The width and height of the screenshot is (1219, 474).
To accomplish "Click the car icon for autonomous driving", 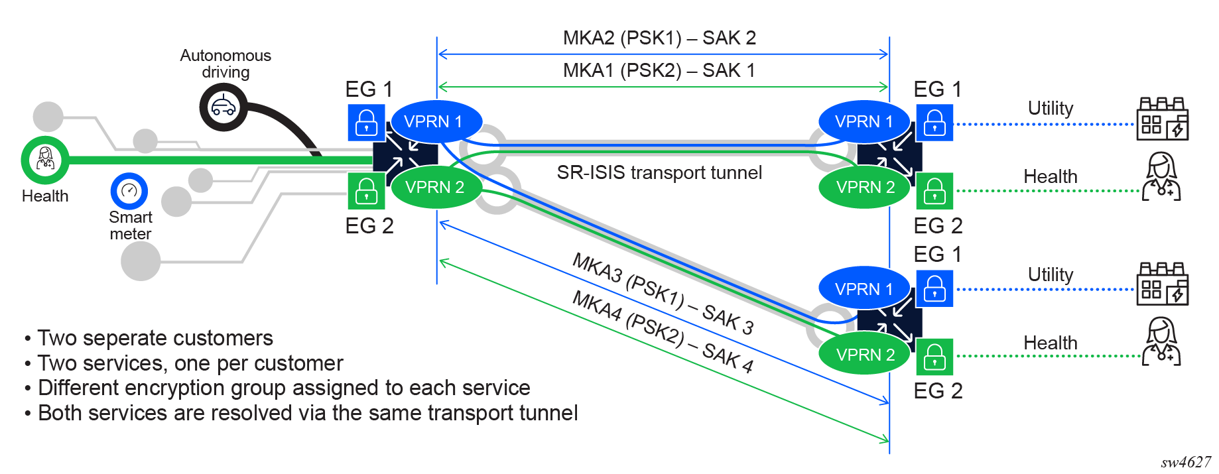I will tap(224, 107).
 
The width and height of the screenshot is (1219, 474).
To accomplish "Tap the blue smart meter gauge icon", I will tap(129, 191).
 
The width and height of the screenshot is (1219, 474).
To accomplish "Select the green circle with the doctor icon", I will tap(45, 160).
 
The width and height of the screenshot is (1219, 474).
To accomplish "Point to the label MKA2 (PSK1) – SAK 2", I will tap(659, 38).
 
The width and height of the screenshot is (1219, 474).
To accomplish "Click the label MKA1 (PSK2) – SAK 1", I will tap(659, 70).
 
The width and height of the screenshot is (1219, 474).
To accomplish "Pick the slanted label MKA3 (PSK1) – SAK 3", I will tap(663, 293).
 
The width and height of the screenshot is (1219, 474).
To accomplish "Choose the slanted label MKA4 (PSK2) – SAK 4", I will tap(663, 331).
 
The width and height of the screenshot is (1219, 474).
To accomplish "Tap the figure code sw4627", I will tap(1186, 462).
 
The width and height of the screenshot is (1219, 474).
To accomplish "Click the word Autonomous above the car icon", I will tap(225, 55).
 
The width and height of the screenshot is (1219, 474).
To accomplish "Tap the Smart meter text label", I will tap(131, 225).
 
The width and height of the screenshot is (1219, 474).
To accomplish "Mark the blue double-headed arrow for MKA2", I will tap(663, 54).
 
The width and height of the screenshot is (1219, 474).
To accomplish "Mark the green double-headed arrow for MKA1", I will tap(663, 87).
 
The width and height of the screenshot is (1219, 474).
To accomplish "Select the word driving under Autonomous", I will tap(225, 72).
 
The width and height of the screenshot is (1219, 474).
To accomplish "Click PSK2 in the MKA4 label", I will tap(655, 329).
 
